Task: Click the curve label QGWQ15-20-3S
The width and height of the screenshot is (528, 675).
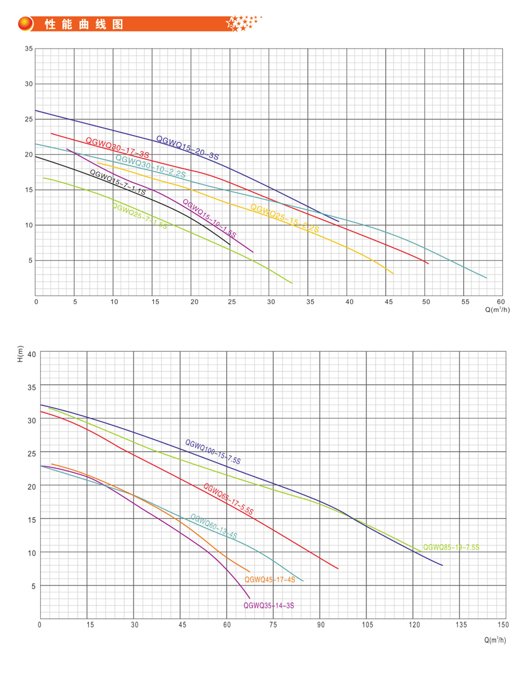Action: [x=187, y=148]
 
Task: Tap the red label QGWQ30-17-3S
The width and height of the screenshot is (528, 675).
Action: [x=117, y=148]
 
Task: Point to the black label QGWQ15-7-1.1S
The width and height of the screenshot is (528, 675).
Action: [x=118, y=183]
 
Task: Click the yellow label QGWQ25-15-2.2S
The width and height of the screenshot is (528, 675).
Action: [x=285, y=218]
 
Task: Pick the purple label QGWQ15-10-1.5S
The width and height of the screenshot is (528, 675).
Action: [x=209, y=219]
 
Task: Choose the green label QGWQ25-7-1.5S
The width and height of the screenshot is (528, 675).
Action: [x=139, y=216]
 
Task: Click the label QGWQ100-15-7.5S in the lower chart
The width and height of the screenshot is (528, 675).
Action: [x=213, y=452]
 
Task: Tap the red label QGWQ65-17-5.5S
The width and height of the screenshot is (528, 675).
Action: [x=228, y=499]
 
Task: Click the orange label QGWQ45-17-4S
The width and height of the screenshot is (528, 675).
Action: [x=270, y=580]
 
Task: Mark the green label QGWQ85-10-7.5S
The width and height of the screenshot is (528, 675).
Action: [x=451, y=548]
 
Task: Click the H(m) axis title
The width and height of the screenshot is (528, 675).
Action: [x=20, y=355]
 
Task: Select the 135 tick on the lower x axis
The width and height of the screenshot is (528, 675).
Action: [x=460, y=624]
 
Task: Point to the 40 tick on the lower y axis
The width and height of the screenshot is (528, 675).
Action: [x=32, y=354]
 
